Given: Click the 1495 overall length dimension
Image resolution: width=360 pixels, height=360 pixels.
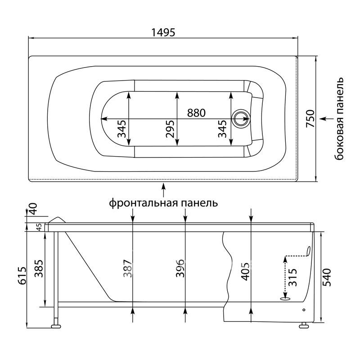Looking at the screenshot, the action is click(x=163, y=32).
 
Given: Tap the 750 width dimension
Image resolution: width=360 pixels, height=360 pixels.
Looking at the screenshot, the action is click(x=310, y=119).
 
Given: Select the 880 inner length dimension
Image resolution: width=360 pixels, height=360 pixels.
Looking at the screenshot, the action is click(x=196, y=113).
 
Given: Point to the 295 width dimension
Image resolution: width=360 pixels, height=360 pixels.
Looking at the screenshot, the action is click(x=170, y=129).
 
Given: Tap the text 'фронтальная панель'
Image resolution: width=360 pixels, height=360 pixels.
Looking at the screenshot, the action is click(x=163, y=203).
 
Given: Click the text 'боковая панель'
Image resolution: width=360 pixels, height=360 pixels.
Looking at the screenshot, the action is click(x=339, y=119).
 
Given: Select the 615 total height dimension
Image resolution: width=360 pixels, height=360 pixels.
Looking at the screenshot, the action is click(x=22, y=275).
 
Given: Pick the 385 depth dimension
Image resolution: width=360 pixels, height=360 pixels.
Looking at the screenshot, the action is click(x=39, y=268).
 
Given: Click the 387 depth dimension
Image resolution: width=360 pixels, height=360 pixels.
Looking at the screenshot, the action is click(x=128, y=268).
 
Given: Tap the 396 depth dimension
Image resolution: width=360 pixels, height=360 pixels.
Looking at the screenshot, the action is click(x=180, y=268).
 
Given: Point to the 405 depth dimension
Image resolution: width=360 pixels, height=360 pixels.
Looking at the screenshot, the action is click(x=246, y=272).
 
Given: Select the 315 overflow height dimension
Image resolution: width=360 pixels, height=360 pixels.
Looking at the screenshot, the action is click(x=293, y=277).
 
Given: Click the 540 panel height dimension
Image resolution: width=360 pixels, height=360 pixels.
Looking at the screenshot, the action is click(x=327, y=277).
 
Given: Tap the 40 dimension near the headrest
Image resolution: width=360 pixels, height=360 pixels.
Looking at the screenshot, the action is click(x=32, y=208).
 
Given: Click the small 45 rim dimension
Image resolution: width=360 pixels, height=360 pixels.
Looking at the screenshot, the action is click(x=39, y=227).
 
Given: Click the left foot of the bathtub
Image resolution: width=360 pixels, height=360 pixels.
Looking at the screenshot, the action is click(x=56, y=326).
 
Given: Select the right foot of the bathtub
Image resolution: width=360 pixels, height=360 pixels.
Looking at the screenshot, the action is click(x=304, y=325).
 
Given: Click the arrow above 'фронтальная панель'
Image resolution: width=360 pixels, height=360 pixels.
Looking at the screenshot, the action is click(x=163, y=190).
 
